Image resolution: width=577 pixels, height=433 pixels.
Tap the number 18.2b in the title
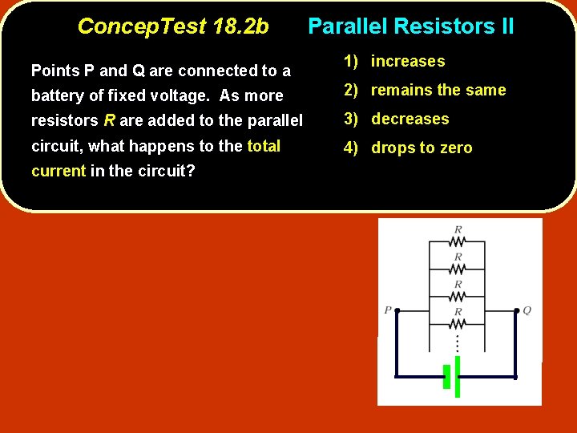pyautogui.click(x=241, y=26)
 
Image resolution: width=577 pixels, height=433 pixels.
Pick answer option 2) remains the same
pyautogui.click(x=425, y=91)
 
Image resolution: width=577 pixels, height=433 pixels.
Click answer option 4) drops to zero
pyautogui.click(x=408, y=148)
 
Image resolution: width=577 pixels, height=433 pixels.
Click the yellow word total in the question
pyautogui.click(x=264, y=146)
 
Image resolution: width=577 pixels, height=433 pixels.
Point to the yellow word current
pyautogui.click(x=58, y=172)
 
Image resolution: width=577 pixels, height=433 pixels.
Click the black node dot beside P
pyautogui.click(x=397, y=310)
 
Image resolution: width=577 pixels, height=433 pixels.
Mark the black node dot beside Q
pyautogui.click(x=514, y=310)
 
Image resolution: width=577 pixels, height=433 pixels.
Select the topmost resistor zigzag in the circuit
pyautogui.click(x=457, y=240)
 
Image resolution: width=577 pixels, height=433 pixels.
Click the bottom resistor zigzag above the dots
pyautogui.click(x=457, y=323)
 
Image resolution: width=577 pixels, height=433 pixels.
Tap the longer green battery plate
pyautogui.click(x=458, y=376)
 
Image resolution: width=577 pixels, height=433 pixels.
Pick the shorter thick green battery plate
pyautogui.click(x=446, y=376)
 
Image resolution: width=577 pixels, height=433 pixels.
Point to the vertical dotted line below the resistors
pyautogui.click(x=457, y=342)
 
